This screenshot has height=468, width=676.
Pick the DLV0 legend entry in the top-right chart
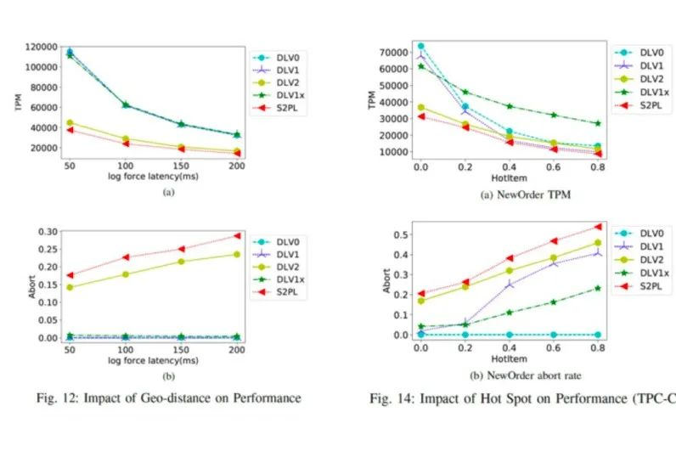click(x=645, y=52)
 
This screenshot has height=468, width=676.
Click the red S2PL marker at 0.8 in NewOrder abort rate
click(x=598, y=227)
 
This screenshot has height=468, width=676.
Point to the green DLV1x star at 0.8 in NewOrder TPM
click(x=598, y=123)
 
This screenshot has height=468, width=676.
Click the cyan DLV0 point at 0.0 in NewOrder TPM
click(x=420, y=46)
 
